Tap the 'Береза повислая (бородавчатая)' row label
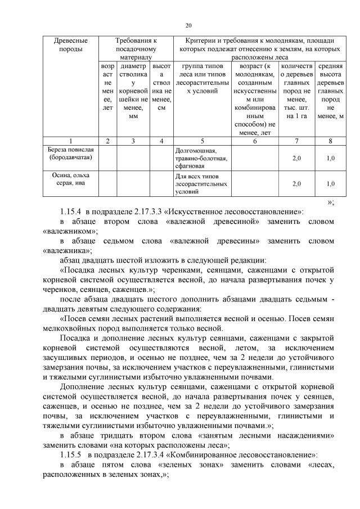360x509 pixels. (70, 154)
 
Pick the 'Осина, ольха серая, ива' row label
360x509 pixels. (70, 179)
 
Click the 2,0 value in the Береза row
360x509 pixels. (296, 159)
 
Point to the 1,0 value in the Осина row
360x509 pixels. (331, 183)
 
